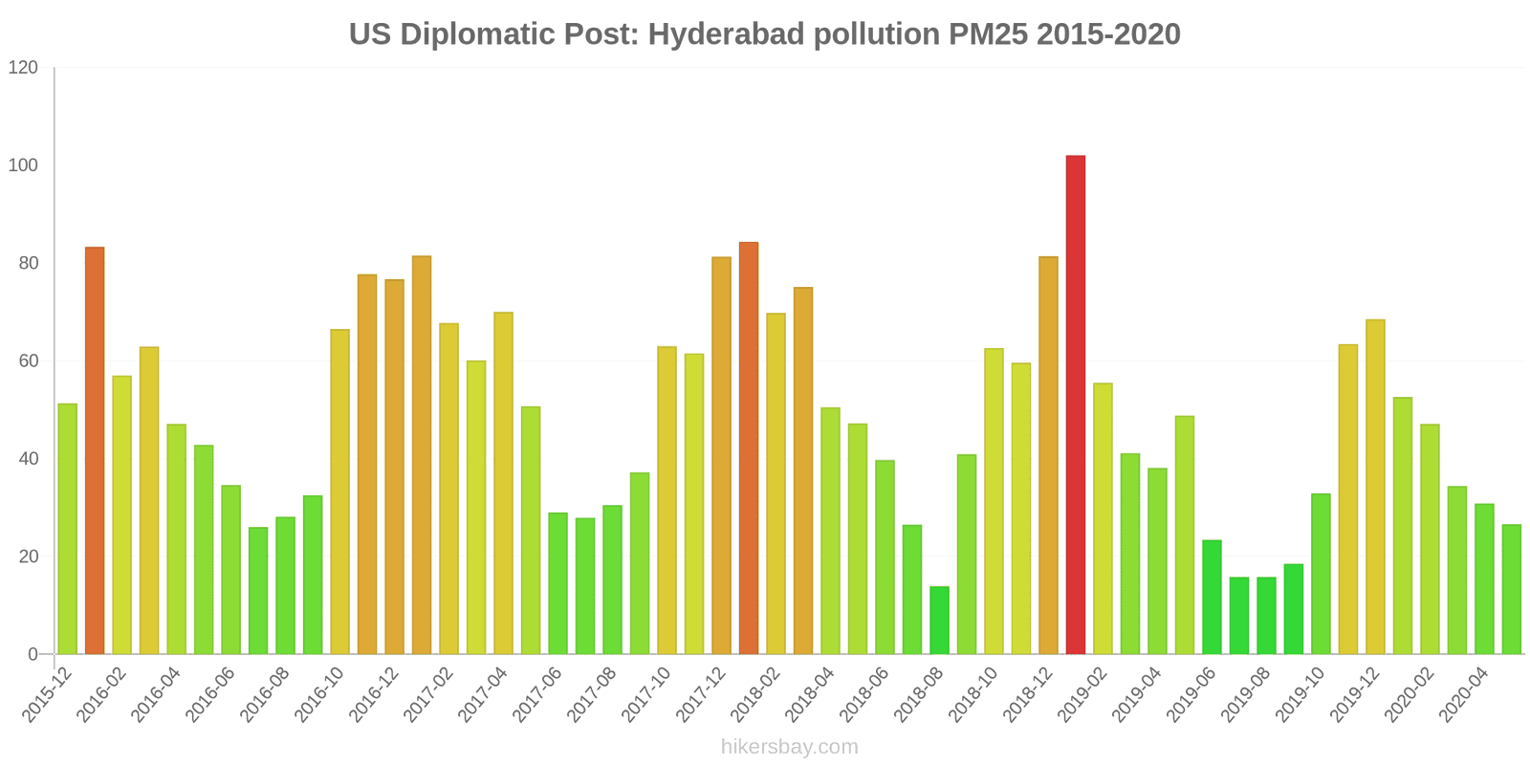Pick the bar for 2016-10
pos(339,492)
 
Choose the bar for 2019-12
pos(1375,487)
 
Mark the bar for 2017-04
pos(503,483)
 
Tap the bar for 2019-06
pos(1212,597)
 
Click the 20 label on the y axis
pos(28,557)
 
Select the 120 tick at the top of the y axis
pos(23,68)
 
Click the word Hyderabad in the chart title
pos(726,34)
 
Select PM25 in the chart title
pos(988,34)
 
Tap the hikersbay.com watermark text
pos(790,747)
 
